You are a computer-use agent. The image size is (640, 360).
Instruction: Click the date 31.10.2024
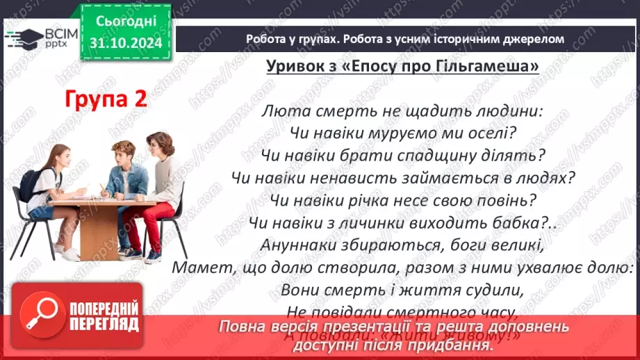tap(126, 42)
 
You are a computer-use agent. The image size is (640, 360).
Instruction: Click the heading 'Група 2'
tap(106, 98)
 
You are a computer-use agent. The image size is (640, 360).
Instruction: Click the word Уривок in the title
tap(295, 67)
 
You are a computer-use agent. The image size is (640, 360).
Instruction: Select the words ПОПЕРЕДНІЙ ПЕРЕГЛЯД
tap(104, 316)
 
